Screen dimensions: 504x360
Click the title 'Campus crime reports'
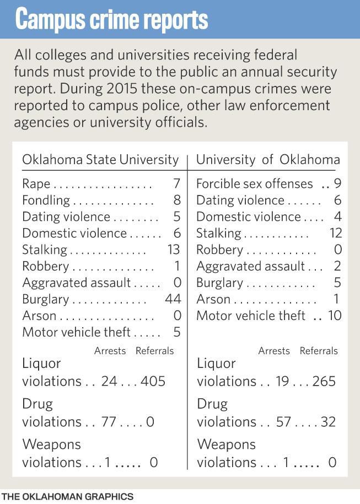pyautogui.click(x=111, y=19)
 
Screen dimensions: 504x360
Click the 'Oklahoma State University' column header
pyautogui.click(x=100, y=160)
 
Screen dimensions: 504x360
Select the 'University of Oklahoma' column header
pyautogui.click(x=268, y=160)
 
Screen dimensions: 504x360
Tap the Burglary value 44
pyautogui.click(x=173, y=299)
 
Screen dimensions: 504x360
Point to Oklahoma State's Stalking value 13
pyautogui.click(x=173, y=250)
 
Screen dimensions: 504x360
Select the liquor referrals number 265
pyautogui.click(x=323, y=381)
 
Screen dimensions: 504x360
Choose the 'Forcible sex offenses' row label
pyautogui.click(x=254, y=183)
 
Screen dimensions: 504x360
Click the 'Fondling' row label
pyautogui.click(x=46, y=200)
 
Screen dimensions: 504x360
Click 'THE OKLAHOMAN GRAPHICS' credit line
pyautogui.click(x=67, y=496)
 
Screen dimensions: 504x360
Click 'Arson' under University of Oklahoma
pyautogui.click(x=213, y=299)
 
